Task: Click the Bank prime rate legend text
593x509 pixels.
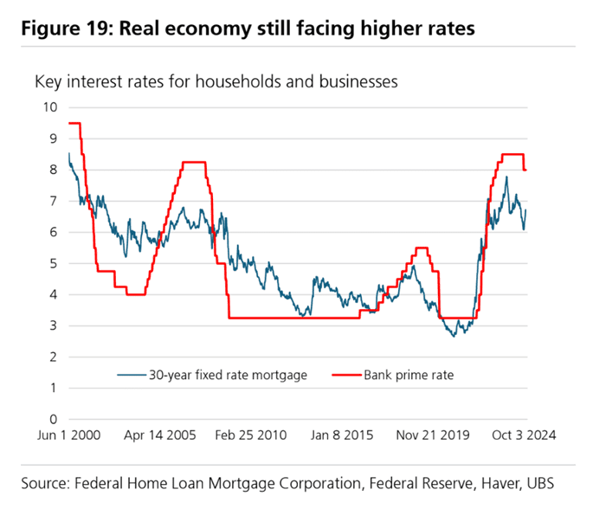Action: point(409,375)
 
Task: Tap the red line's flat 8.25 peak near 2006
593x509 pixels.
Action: point(193,162)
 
